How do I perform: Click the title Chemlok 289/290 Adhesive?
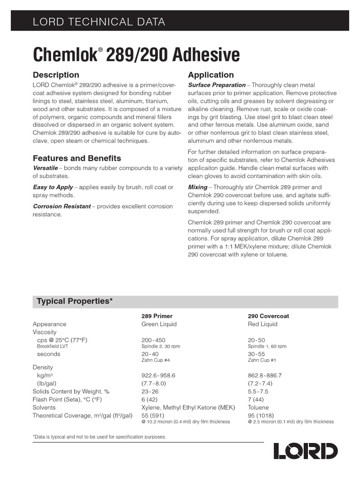pyautogui.click(x=136, y=54)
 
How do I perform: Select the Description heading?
pyautogui.click(x=56, y=75)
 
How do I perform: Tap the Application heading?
pyautogui.click(x=210, y=75)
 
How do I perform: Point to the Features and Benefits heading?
pyautogui.click(x=77, y=158)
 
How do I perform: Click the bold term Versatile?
pyautogui.click(x=45, y=167)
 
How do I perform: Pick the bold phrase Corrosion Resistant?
pyautogui.click(x=61, y=206)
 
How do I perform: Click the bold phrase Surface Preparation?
pyautogui.click(x=217, y=85)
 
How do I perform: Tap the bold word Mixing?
pyautogui.click(x=197, y=187)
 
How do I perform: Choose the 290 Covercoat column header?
pyautogui.click(x=268, y=316)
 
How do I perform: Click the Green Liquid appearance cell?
pyautogui.click(x=159, y=324)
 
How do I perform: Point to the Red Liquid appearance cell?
pyautogui.click(x=262, y=324)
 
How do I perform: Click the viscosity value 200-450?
pyautogui.click(x=153, y=340)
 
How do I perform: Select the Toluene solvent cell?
pyautogui.click(x=258, y=407)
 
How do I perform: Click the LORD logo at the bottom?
pyautogui.click(x=305, y=451)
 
